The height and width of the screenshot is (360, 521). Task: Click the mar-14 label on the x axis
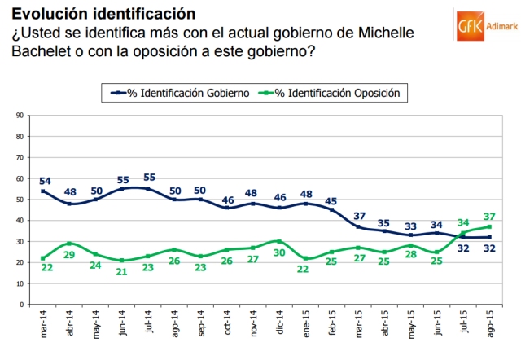[x=43, y=326]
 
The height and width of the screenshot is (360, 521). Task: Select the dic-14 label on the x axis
[x=279, y=326]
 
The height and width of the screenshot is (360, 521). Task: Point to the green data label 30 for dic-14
[x=279, y=252]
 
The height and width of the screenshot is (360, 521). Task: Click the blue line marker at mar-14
[x=43, y=191]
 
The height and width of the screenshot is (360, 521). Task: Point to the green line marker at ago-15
[x=488, y=227]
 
